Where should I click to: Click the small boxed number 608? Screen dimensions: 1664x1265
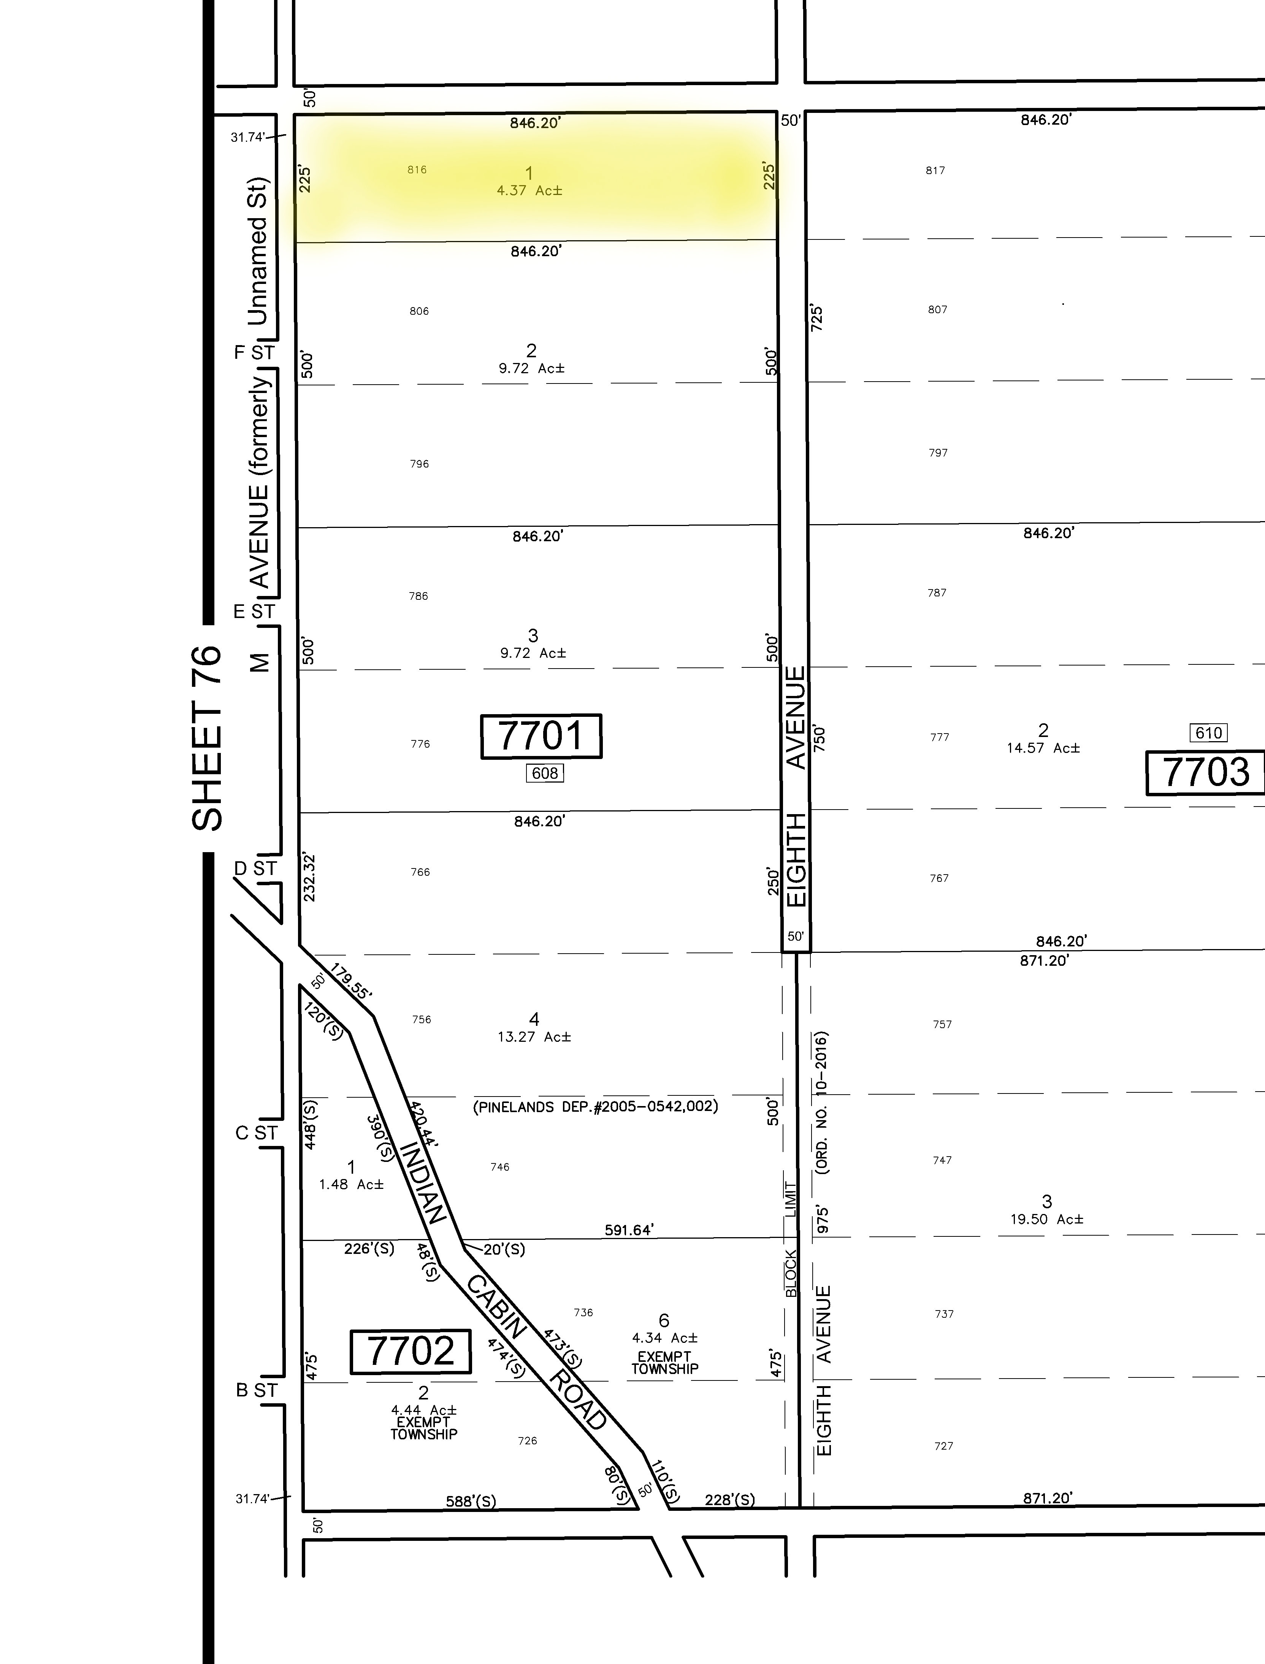pyautogui.click(x=544, y=773)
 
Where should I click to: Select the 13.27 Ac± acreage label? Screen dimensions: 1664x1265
pyautogui.click(x=534, y=1037)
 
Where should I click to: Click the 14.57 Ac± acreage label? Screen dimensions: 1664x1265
pyautogui.click(x=1043, y=748)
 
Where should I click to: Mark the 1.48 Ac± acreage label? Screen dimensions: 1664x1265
pyautogui.click(x=351, y=1184)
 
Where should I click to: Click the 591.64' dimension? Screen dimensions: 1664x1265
pyautogui.click(x=629, y=1230)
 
